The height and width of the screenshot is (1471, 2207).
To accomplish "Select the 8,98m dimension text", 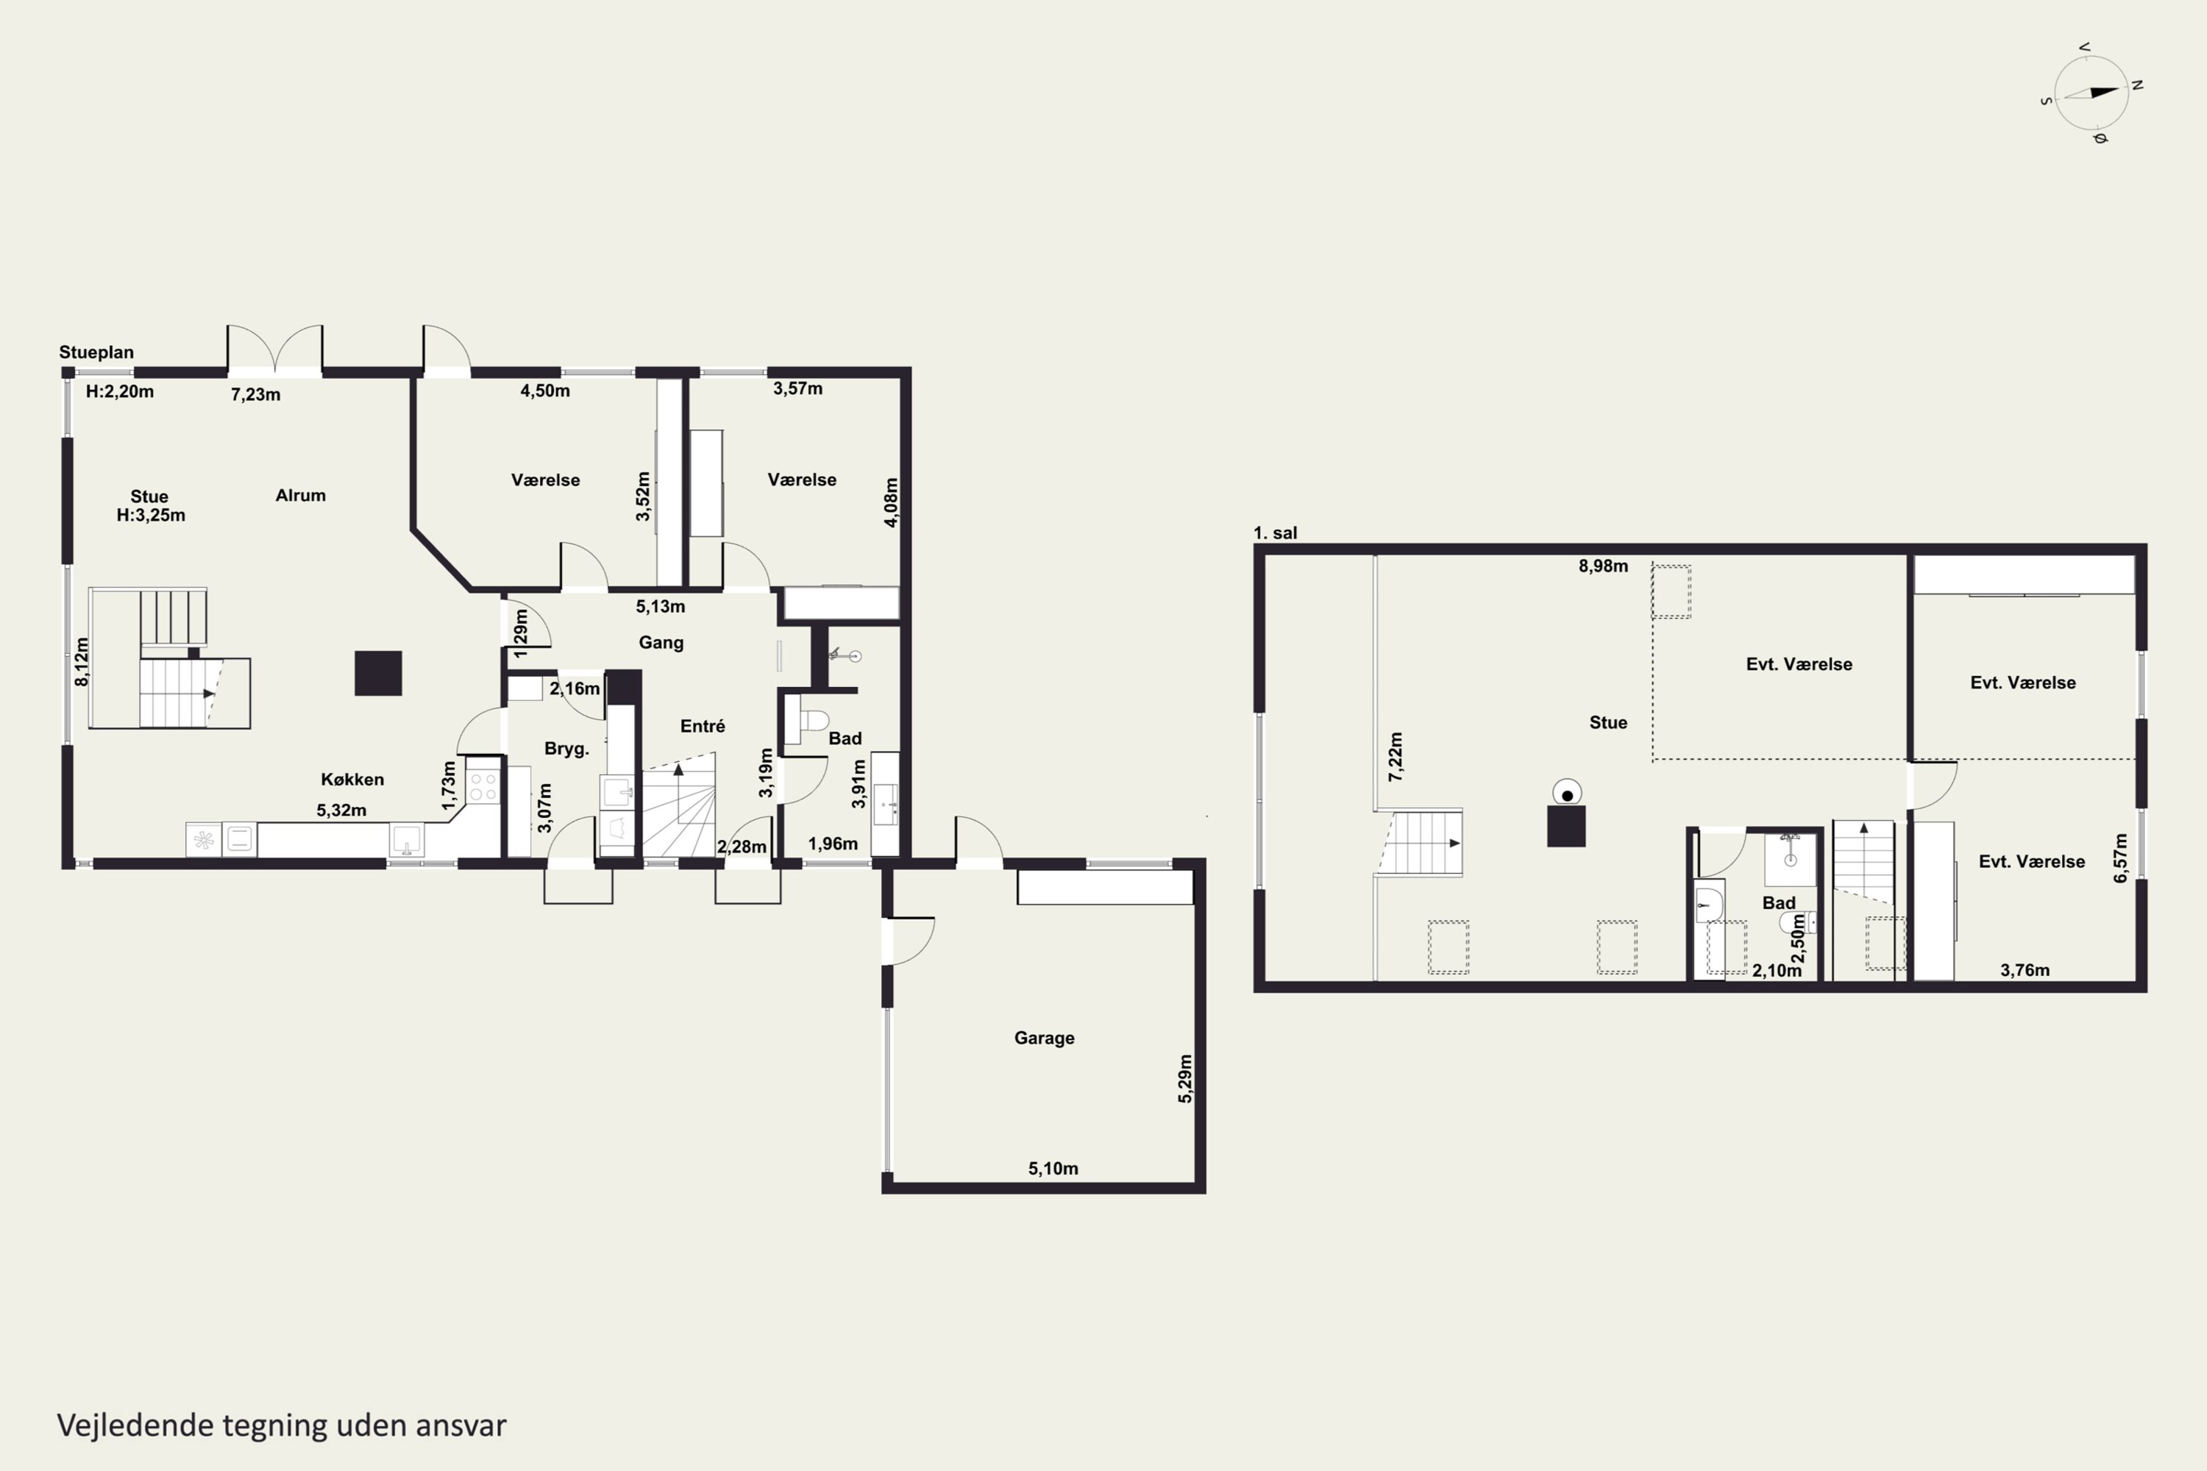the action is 1603,566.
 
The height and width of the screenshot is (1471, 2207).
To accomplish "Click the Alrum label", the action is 300,495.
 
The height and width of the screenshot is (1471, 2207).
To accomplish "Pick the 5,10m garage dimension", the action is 1053,1169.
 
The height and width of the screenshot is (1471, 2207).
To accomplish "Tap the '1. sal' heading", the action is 1275,533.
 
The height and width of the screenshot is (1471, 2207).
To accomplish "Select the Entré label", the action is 703,726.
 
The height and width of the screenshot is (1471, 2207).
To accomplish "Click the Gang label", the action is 661,643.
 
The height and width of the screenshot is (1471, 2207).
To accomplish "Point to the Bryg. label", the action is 566,749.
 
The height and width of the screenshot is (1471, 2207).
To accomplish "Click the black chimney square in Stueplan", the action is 378,674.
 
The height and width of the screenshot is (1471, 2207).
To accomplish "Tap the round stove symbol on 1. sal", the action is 1566,794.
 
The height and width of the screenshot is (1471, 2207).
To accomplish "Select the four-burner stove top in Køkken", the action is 483,786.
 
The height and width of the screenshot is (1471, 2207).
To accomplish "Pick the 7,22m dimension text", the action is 1396,757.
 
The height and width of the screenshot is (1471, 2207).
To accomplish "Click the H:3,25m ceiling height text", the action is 151,515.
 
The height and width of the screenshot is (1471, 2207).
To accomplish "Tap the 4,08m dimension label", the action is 892,503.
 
